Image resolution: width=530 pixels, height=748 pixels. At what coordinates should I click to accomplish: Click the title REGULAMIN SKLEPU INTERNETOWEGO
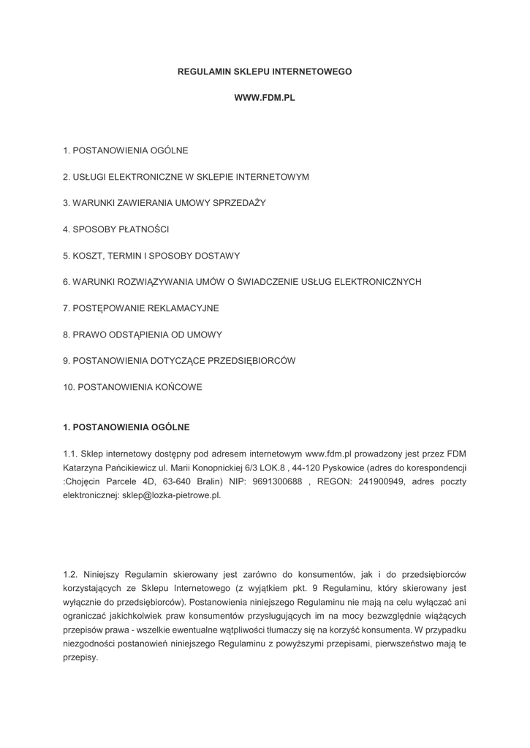coord(265,72)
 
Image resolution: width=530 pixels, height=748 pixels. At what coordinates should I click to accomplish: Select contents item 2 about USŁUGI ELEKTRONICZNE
coord(186,177)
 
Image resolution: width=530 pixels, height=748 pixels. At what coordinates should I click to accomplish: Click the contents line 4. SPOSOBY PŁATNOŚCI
coord(116,229)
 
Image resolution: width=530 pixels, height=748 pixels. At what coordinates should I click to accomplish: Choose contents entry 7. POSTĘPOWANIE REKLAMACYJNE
coord(141,308)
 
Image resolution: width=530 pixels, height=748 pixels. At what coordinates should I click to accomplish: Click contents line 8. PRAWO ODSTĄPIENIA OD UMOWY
coord(143,335)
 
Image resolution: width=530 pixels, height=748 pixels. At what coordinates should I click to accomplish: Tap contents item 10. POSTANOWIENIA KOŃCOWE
coord(132,387)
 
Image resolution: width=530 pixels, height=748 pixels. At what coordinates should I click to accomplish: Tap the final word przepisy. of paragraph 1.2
coord(80,657)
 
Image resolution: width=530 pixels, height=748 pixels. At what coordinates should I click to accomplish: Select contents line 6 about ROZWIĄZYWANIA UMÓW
coord(242,282)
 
